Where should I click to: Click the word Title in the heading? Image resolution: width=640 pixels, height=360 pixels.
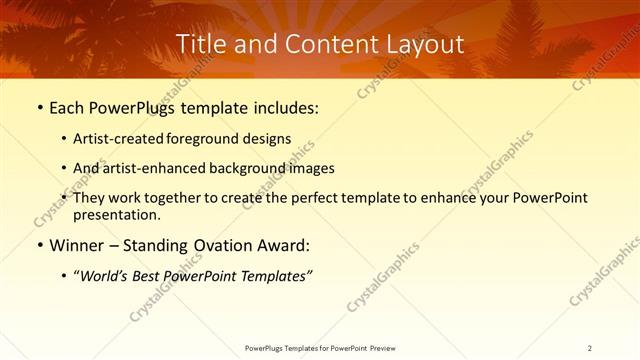[x=199, y=45]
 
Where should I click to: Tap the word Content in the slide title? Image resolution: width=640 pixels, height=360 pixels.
[x=322, y=45]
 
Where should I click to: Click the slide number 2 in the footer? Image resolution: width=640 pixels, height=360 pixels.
[x=590, y=347]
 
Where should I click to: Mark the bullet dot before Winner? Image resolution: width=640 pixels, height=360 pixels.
[x=39, y=245]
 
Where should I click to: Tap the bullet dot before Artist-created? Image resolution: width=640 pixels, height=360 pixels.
[x=65, y=138]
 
